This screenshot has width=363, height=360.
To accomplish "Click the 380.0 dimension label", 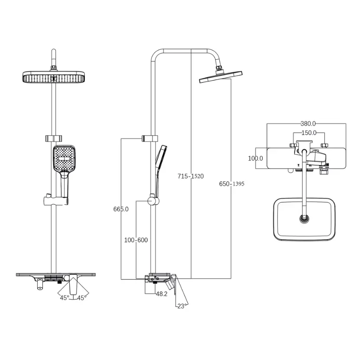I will coord(308,124).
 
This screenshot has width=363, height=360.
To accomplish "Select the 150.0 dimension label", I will coord(308,133).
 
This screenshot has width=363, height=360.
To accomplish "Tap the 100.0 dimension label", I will coord(255,158).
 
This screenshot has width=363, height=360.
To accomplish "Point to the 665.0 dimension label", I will coord(121,209).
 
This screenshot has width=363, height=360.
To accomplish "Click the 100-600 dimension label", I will coord(136,240).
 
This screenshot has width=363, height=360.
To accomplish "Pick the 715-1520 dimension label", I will coord(191,176).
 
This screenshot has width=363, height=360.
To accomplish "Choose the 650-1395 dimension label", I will coord(232,183).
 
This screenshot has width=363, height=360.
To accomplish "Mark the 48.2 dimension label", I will coord(161,294).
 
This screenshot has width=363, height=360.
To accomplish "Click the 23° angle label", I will coord(181,306).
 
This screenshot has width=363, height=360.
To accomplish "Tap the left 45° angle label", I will coord(65,297).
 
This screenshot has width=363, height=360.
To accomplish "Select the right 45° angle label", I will coord(81,297).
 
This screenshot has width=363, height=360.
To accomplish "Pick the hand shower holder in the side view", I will coord(151,201).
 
